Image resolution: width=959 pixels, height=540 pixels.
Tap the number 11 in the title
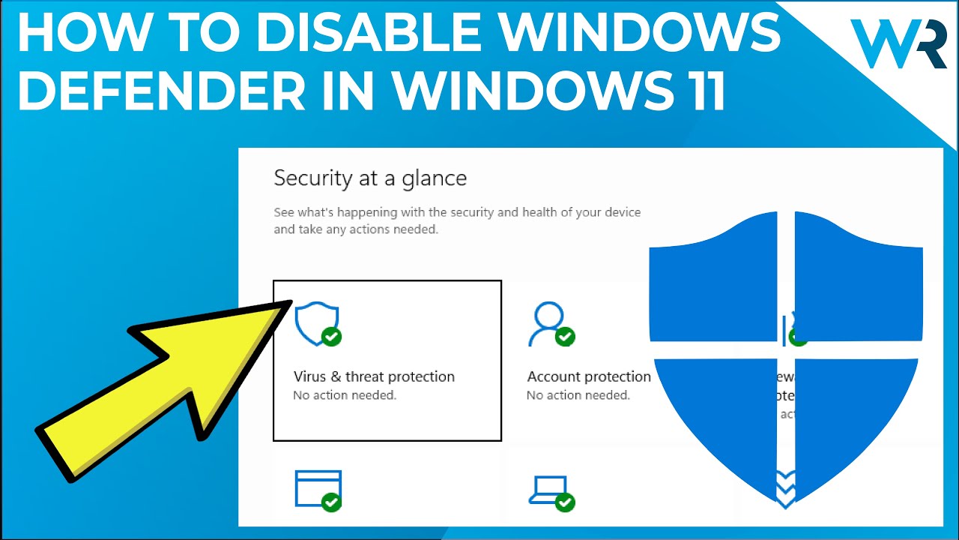coord(699,90)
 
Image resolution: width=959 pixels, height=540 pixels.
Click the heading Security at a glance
coord(370,178)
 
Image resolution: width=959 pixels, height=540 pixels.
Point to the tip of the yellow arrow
coord(288,305)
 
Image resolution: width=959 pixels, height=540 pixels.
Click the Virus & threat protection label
coord(374,376)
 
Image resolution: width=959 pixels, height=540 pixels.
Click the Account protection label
coord(589,376)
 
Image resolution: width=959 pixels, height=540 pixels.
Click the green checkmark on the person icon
coord(565,337)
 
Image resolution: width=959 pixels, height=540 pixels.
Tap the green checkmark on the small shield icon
coord(331,337)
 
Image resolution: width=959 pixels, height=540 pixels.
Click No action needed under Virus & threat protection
coord(345,395)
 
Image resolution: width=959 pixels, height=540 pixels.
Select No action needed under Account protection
coord(578,395)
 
